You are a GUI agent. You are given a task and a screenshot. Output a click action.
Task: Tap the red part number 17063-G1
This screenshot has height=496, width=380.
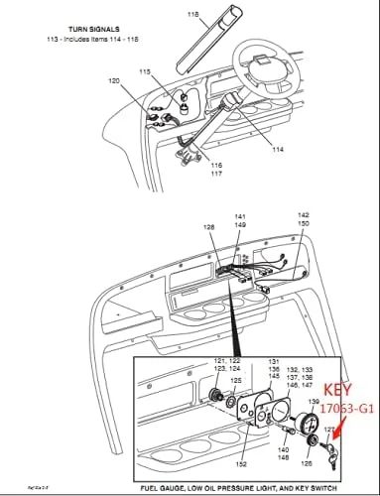342,407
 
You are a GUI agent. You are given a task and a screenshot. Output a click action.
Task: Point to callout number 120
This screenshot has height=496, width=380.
114,80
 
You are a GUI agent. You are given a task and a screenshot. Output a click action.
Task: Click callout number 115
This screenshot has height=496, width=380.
146,72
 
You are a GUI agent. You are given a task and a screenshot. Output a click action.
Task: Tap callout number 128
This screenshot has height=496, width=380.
208,229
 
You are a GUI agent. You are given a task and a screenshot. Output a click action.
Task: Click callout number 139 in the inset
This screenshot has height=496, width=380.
314,400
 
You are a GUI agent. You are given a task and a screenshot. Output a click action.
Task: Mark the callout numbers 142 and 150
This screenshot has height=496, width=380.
304,219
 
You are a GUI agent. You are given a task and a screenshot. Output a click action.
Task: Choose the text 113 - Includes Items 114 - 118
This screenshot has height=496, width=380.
67,42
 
